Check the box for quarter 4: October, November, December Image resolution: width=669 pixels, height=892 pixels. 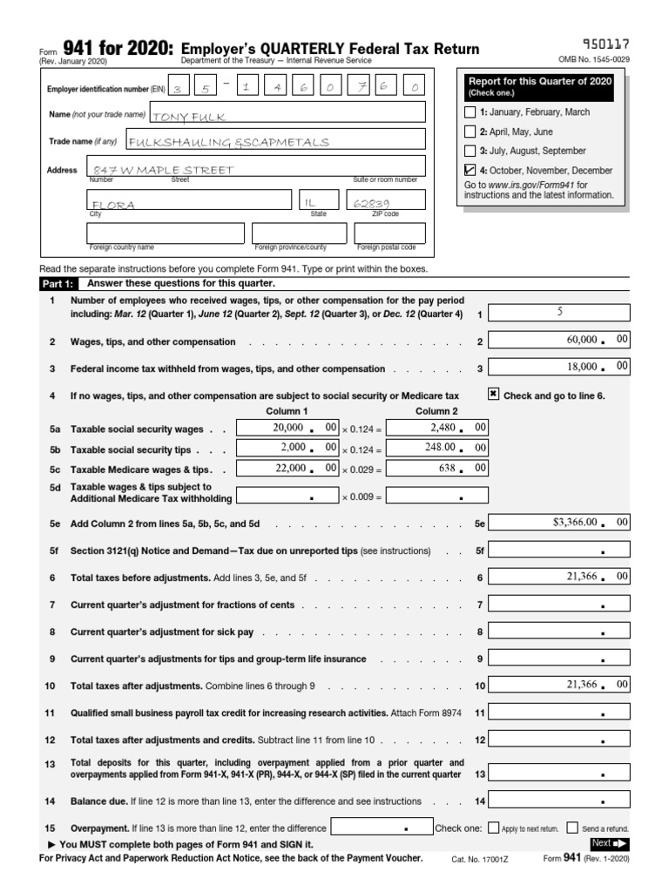(471, 171)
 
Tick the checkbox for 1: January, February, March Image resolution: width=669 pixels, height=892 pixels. (471, 112)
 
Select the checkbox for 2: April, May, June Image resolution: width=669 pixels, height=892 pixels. (471, 132)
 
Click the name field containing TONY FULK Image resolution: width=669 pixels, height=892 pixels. (287, 113)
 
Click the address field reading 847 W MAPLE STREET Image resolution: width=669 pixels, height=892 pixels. (257, 167)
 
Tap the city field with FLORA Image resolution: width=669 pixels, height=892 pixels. (187, 202)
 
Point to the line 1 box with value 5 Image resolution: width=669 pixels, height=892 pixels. (558, 313)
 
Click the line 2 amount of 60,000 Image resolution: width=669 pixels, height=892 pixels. (558, 341)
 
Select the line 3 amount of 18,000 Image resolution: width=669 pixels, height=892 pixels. (558, 368)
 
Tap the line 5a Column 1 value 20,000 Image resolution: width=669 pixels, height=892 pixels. (287, 429)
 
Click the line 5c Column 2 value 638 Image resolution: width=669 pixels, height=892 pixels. (436, 469)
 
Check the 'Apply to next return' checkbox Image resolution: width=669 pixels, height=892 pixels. (494, 828)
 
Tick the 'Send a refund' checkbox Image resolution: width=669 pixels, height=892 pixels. (572, 828)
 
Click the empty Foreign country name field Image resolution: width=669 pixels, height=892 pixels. (166, 233)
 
